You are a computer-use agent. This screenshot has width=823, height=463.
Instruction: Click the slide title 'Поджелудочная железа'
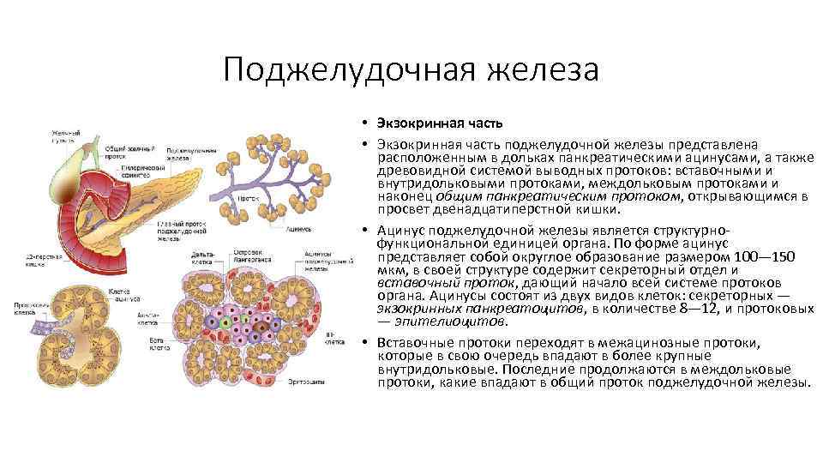(411, 69)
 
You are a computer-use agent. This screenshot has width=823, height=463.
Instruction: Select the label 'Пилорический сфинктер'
(136, 171)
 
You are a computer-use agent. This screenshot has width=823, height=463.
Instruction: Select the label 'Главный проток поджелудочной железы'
(181, 231)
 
